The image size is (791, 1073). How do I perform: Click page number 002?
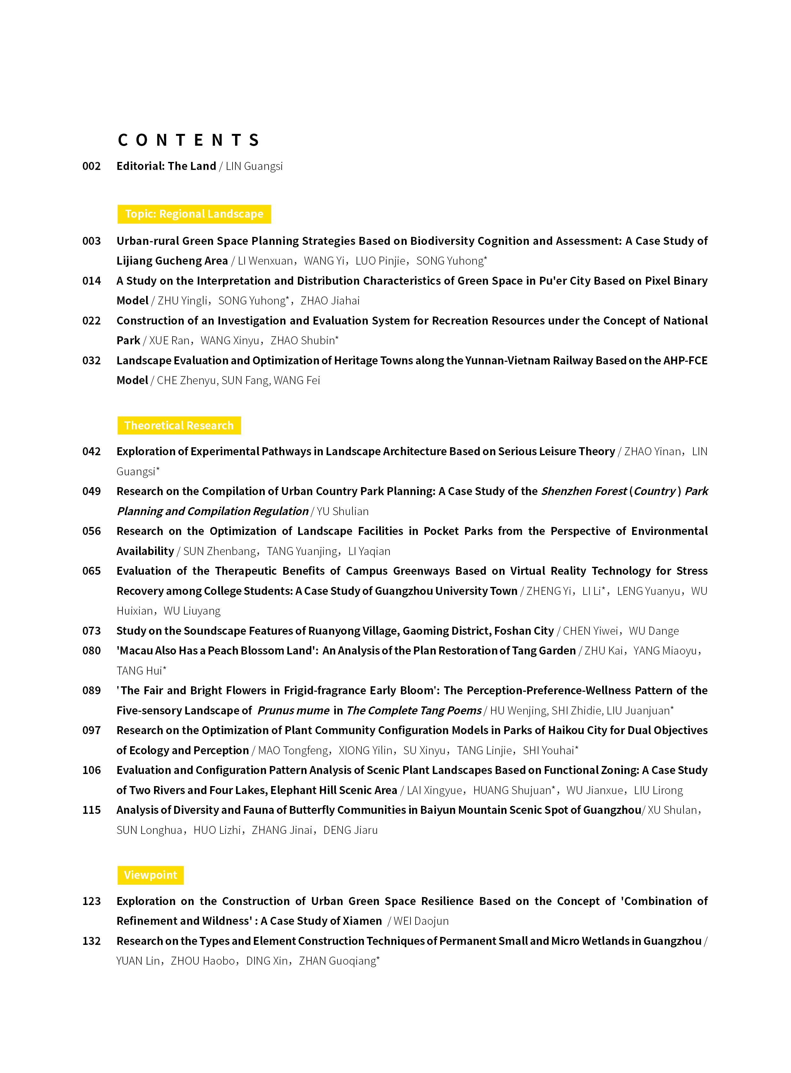tap(92, 166)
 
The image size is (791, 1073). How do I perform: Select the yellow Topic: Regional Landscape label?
tap(194, 214)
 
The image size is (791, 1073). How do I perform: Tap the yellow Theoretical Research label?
tap(179, 426)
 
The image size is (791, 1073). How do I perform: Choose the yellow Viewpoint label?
tap(150, 875)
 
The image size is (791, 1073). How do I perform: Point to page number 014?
tap(92, 281)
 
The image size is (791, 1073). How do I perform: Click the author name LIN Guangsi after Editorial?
tap(254, 166)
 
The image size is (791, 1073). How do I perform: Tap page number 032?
tap(92, 361)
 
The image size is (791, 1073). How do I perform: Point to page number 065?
tap(92, 571)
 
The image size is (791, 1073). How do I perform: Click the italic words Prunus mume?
tap(293, 710)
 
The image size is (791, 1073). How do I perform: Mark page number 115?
tap(92, 810)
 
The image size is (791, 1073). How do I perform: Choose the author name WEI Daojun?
tap(421, 921)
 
